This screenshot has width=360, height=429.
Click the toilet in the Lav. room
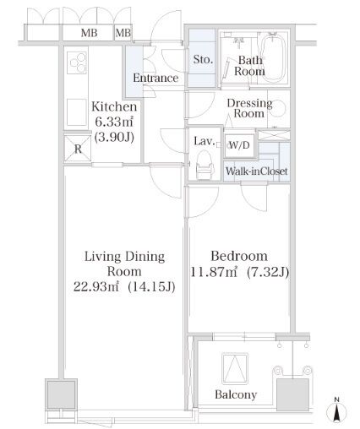(x=205, y=164)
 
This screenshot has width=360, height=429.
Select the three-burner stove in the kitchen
(x=77, y=62)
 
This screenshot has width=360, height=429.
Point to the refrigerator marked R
(x=78, y=149)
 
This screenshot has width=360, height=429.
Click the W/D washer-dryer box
(x=239, y=145)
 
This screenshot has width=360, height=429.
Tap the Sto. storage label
(x=203, y=60)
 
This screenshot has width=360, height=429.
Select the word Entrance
(x=155, y=78)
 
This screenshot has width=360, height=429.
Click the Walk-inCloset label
(x=256, y=171)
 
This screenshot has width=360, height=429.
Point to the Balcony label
(x=236, y=394)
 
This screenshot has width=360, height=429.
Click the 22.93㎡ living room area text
(x=96, y=286)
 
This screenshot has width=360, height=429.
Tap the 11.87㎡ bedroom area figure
(x=214, y=272)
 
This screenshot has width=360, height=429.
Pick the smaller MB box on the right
(x=123, y=33)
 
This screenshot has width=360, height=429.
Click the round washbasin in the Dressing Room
(x=279, y=107)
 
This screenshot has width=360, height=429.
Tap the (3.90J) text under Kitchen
(x=114, y=137)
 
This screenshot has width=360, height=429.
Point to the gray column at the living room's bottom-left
(x=61, y=394)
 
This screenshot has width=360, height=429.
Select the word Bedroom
(x=239, y=256)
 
